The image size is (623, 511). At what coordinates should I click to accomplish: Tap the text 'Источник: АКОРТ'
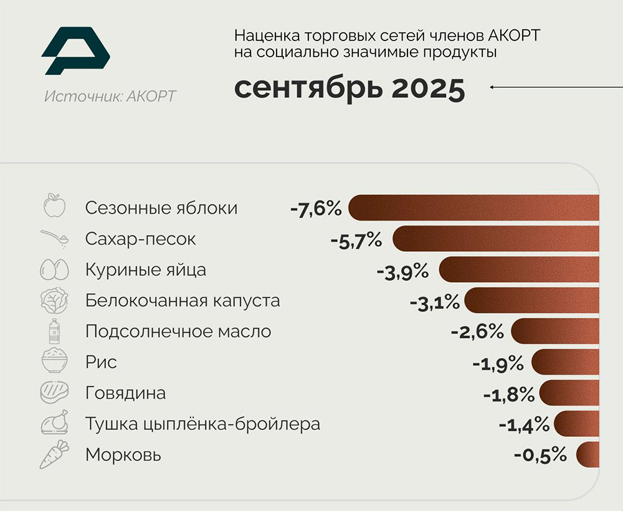pos(110,97)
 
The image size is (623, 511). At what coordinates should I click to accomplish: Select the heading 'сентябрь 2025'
pos(349,89)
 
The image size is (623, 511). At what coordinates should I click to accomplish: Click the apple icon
pos(54,206)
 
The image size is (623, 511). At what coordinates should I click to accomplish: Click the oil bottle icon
pos(54,331)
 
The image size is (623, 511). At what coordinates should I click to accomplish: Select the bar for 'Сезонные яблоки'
pos(473,208)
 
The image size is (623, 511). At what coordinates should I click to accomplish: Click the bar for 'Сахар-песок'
pos(495,239)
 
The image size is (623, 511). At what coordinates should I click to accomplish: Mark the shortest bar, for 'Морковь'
pos(587,454)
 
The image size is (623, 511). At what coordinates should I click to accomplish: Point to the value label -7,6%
pos(316,208)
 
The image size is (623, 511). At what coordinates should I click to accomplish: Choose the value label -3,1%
pos(434,302)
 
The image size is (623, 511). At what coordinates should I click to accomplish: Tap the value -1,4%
pos(524,425)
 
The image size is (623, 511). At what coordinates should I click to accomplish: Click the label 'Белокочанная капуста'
pos(183,301)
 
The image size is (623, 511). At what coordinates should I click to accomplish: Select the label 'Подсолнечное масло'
pos(178,332)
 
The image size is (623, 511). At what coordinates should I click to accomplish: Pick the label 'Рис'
pos(101,362)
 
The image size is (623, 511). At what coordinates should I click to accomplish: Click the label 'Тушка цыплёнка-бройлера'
pos(202,424)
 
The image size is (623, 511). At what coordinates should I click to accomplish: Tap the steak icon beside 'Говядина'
pos(54,393)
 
